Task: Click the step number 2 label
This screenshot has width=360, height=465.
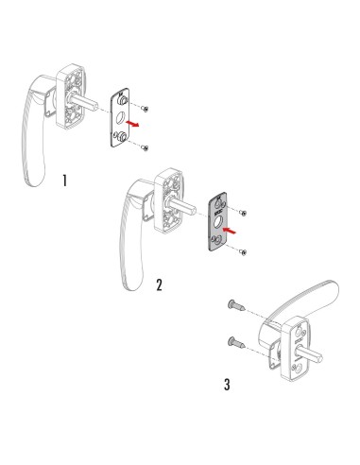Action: tap(159, 284)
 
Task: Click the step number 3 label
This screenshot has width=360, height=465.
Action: tap(225, 385)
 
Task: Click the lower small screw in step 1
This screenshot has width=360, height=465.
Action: tap(143, 147)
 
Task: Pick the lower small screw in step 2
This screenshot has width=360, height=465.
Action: tap(245, 250)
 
